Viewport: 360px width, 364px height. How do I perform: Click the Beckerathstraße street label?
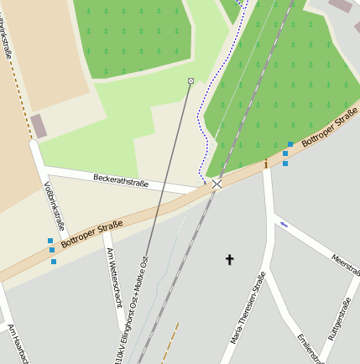pyautogui.click(x=121, y=181)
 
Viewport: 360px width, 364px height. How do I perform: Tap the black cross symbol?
pyautogui.click(x=229, y=260)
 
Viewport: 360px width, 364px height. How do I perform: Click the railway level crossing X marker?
pyautogui.click(x=217, y=184)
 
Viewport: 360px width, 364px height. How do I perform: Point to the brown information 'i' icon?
pyautogui.click(x=266, y=163)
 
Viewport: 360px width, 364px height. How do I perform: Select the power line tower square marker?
pyautogui.click(x=190, y=81)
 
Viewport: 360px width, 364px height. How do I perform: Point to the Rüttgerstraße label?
pyautogui.click(x=343, y=322)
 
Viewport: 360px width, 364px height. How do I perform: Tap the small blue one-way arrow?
pyautogui.click(x=284, y=224)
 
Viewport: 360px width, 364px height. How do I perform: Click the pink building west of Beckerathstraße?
pyautogui.click(x=39, y=126)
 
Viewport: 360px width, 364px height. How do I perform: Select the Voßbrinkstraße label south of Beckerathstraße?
pyautogui.click(x=53, y=205)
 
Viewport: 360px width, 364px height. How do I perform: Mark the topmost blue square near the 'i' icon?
pyautogui.click(x=290, y=144)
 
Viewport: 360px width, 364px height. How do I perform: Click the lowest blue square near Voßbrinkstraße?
pyautogui.click(x=54, y=262)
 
